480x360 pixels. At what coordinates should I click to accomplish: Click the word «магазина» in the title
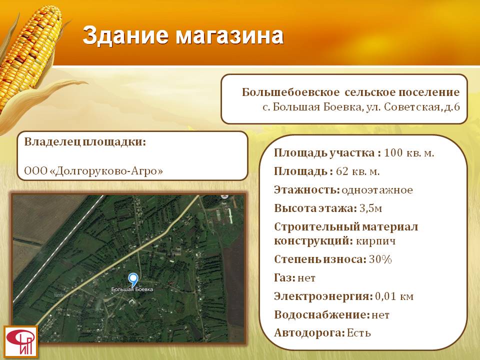point(229,36)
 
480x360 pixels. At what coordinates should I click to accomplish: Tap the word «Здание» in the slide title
point(125,36)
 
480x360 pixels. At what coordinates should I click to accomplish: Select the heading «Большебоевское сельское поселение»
point(351,92)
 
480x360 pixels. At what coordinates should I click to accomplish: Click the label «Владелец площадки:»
point(85,142)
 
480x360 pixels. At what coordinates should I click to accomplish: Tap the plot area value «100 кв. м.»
point(409,153)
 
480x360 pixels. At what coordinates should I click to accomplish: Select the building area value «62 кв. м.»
point(357,171)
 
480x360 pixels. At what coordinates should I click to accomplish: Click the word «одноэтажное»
point(377,190)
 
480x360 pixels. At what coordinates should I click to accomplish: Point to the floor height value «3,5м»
point(370,208)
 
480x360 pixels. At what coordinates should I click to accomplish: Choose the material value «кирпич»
point(376,241)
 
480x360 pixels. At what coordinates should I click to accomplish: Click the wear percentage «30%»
point(380,259)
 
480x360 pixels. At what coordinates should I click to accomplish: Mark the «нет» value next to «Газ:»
point(306,278)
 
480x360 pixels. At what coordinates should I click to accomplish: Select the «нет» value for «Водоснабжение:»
point(380,315)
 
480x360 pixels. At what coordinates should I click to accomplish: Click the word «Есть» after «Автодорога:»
point(359,333)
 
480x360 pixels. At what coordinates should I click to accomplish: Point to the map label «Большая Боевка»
point(132,289)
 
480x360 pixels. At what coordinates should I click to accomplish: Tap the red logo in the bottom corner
point(20,342)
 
